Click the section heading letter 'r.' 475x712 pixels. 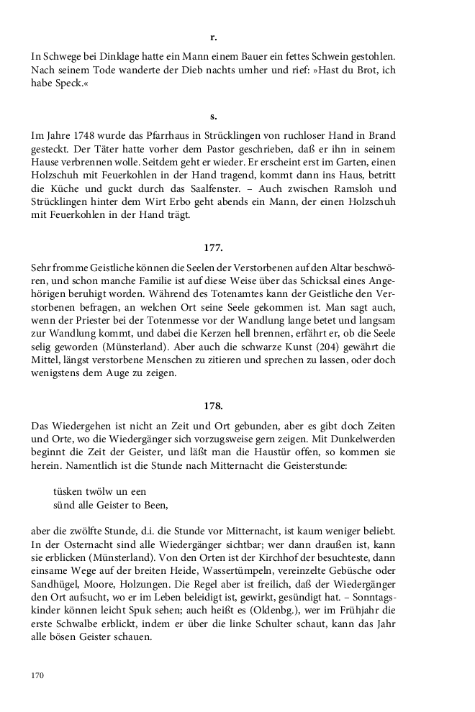pos(214,36)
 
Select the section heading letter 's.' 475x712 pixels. pos(214,116)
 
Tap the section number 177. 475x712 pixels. pos(214,247)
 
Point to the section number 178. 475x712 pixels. pos(214,406)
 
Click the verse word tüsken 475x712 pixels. pos(68,490)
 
